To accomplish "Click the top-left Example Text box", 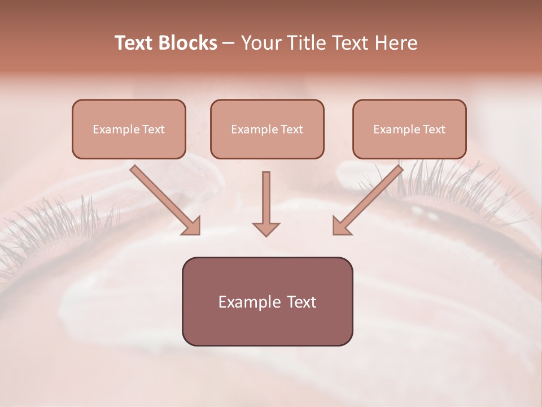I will pos(129,129).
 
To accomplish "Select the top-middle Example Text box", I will pos(267,129).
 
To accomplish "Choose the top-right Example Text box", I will pos(409,129).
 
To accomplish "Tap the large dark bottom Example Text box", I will pos(267,302).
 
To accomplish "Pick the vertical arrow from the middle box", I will pos(266,201).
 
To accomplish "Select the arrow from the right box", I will pos(370,197).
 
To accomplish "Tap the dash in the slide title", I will pos(229,43).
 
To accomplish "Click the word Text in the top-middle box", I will pos(291,129).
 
